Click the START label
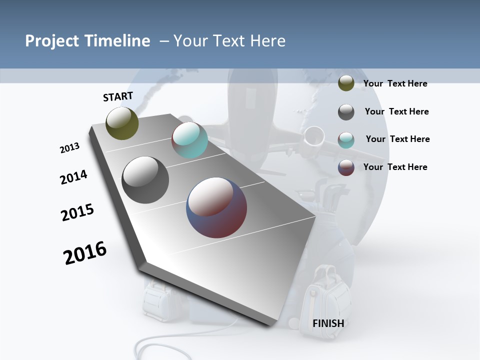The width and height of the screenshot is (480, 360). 118,96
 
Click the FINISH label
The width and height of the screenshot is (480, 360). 328,323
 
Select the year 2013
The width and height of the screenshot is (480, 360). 69,148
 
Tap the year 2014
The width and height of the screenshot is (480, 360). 73,177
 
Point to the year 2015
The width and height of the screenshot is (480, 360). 77,212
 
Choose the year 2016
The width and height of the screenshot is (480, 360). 85,253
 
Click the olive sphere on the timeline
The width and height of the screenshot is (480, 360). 122,123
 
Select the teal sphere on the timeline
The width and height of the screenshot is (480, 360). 189,140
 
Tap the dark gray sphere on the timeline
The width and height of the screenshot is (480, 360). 145,180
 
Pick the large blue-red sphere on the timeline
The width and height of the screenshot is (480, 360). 216,207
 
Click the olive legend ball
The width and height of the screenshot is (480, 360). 346,83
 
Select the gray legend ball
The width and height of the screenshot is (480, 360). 346,112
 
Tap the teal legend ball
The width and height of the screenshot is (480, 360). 346,140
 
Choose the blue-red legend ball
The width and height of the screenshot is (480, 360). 346,167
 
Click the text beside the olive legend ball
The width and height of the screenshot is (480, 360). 395,83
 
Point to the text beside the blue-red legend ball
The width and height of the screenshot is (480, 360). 395,167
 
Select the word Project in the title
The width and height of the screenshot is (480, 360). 51,41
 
